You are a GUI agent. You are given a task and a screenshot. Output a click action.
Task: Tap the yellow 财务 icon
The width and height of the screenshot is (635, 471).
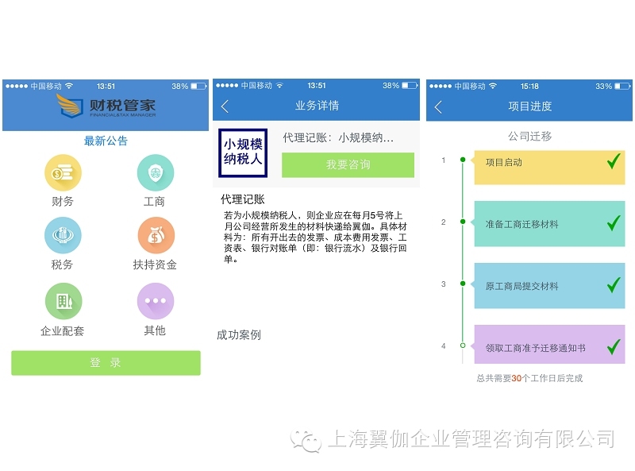pyautogui.click(x=62, y=172)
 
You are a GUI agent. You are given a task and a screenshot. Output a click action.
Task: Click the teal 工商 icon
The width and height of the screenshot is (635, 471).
pyautogui.click(x=155, y=172)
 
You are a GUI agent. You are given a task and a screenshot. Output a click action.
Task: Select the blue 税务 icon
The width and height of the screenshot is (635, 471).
pyautogui.click(x=62, y=236)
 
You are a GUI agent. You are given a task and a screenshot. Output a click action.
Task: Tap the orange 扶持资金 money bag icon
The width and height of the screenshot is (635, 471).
pyautogui.click(x=155, y=236)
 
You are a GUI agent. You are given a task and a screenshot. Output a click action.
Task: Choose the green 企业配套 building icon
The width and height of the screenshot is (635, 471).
pyautogui.click(x=63, y=302)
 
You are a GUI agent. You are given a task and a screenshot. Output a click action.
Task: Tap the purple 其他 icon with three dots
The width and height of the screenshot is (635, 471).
pyautogui.click(x=155, y=302)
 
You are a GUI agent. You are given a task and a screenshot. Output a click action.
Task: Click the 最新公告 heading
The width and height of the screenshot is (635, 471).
pyautogui.click(x=106, y=141)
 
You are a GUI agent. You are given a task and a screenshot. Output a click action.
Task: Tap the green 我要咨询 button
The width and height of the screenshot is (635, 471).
pyautogui.click(x=348, y=164)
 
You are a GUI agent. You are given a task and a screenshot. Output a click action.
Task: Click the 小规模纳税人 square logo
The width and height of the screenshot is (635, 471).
pyautogui.click(x=243, y=152)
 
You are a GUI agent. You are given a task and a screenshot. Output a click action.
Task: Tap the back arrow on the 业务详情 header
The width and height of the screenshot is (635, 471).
pyautogui.click(x=225, y=106)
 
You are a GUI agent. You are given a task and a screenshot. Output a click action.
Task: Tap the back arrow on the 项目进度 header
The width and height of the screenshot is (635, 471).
pyautogui.click(x=438, y=106)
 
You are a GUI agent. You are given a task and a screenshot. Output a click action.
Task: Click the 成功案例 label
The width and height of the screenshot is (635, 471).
pyautogui.click(x=239, y=335)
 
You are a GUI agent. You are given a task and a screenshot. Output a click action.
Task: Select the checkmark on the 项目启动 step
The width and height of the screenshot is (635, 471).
pyautogui.click(x=613, y=162)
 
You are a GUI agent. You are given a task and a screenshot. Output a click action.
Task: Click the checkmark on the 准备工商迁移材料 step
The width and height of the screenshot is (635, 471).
pyautogui.click(x=613, y=223)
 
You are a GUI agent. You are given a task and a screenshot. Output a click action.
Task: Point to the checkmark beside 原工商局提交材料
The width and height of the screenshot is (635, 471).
pyautogui.click(x=613, y=284)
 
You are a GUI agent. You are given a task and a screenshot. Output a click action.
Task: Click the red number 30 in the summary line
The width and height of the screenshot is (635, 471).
pyautogui.click(x=516, y=379)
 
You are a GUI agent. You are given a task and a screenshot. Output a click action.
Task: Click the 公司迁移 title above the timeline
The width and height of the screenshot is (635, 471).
pyautogui.click(x=529, y=137)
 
